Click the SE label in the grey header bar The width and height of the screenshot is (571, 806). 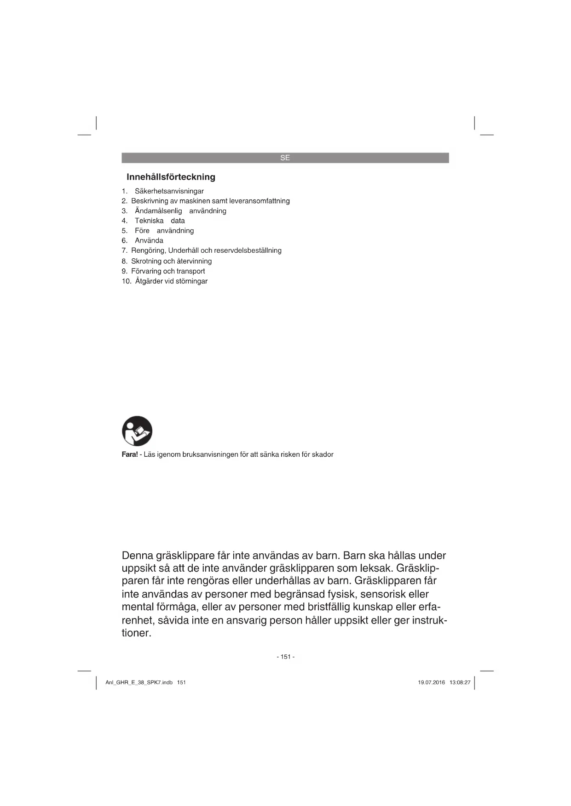(285, 158)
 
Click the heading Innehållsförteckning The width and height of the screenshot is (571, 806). (171, 177)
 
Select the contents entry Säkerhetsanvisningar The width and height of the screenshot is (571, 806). (169, 191)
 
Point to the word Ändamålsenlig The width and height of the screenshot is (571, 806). (158, 211)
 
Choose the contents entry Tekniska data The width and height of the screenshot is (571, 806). (160, 221)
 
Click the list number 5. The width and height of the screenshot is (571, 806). (124, 231)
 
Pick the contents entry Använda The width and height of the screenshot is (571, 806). (149, 240)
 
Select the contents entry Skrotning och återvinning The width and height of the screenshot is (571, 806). (171, 261)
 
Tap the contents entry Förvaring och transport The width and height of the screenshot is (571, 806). (168, 271)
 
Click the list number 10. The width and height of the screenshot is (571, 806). (127, 281)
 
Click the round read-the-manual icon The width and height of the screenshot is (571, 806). (137, 431)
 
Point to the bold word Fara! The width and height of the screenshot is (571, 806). (130, 454)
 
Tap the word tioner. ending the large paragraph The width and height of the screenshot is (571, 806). (137, 633)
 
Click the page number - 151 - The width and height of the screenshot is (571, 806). (285, 657)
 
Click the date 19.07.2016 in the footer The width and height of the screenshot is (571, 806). (431, 682)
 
